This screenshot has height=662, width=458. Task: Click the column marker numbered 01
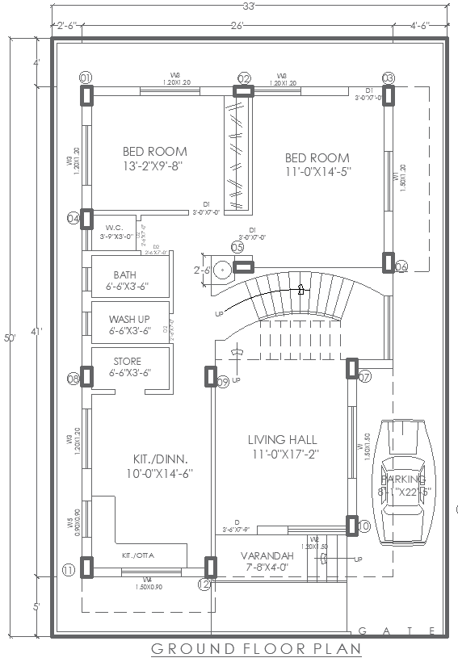tap(85, 77)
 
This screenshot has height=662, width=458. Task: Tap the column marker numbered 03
tap(389, 78)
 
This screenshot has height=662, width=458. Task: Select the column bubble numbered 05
tap(237, 247)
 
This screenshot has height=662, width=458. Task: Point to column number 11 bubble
tap(68, 570)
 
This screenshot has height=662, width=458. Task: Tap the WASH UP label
tap(129, 318)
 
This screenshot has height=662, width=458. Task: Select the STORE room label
tap(128, 361)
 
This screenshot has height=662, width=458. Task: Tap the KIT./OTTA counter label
tap(137, 556)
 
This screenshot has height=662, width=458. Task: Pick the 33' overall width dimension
tap(249, 6)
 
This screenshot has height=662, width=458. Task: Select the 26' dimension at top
tap(237, 27)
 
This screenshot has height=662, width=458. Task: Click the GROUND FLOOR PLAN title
tap(255, 648)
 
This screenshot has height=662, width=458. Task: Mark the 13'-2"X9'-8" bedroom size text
tap(155, 165)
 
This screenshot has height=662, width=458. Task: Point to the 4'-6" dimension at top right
tap(420, 27)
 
